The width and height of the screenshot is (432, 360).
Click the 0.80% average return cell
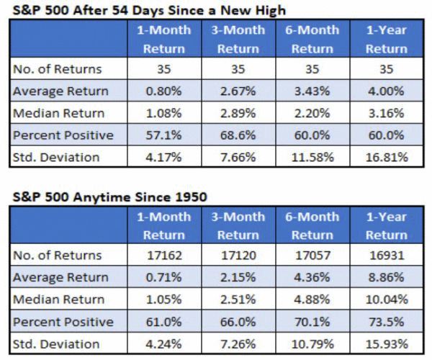[x=163, y=91]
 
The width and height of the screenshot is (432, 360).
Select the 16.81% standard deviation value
[x=387, y=157]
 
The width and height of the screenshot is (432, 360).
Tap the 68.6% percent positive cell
[x=238, y=135]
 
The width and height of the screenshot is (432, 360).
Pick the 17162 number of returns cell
[x=164, y=256]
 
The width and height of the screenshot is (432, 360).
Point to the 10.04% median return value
[x=387, y=300]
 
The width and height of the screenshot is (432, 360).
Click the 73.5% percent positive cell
[x=387, y=322]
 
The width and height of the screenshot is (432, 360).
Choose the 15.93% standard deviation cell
[x=387, y=344]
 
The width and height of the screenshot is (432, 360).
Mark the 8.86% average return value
[x=387, y=277]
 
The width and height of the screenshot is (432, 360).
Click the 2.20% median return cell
[x=312, y=113]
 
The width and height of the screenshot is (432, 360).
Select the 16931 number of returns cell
[x=387, y=256]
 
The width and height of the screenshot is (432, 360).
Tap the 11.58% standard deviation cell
[x=312, y=157]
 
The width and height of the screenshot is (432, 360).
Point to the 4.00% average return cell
[x=387, y=91]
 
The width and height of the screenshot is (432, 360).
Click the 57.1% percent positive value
[x=163, y=135]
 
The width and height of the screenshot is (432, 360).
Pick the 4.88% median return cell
[x=312, y=300]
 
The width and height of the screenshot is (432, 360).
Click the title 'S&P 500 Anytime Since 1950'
[x=110, y=197]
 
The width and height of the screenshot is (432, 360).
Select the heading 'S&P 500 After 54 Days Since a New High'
[x=149, y=11]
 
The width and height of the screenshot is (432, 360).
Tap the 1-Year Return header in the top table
[x=387, y=39]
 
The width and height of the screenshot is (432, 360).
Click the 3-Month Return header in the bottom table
[x=238, y=226]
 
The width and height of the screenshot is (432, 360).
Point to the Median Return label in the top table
[x=59, y=113]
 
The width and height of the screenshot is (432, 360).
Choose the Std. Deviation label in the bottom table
[x=56, y=344]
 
